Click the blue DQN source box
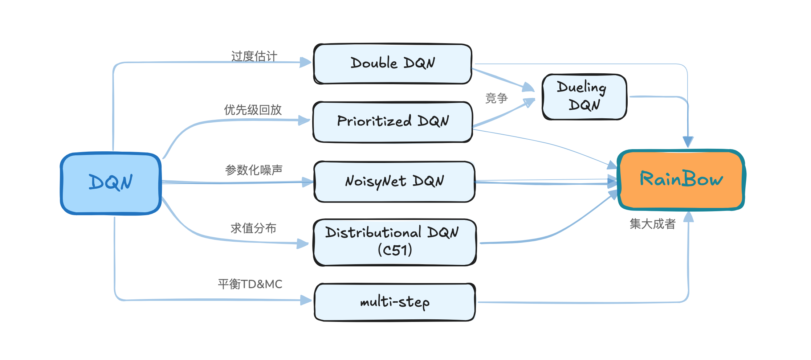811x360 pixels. pos(111,183)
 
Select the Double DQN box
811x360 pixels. pos(392,64)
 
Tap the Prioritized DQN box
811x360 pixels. pos(392,122)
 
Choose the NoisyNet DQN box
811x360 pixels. pos(394,181)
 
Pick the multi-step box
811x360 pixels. pos(395,302)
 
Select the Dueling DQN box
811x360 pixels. pos(584,97)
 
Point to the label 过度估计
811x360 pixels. pos(254,56)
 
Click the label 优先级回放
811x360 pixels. pos(253,110)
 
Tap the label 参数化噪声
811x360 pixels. pos(253,170)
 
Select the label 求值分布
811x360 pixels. pos(253,228)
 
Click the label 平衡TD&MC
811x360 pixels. pos(250,284)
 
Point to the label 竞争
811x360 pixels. pos(496,98)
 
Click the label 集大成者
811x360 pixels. pos(652,224)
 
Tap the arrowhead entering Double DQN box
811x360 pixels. pos(306,62)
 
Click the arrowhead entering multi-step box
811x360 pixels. pos(306,300)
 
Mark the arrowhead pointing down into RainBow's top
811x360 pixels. pos(688,142)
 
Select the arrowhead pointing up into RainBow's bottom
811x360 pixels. pos(688,217)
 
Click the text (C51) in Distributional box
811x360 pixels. pos(395,250)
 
